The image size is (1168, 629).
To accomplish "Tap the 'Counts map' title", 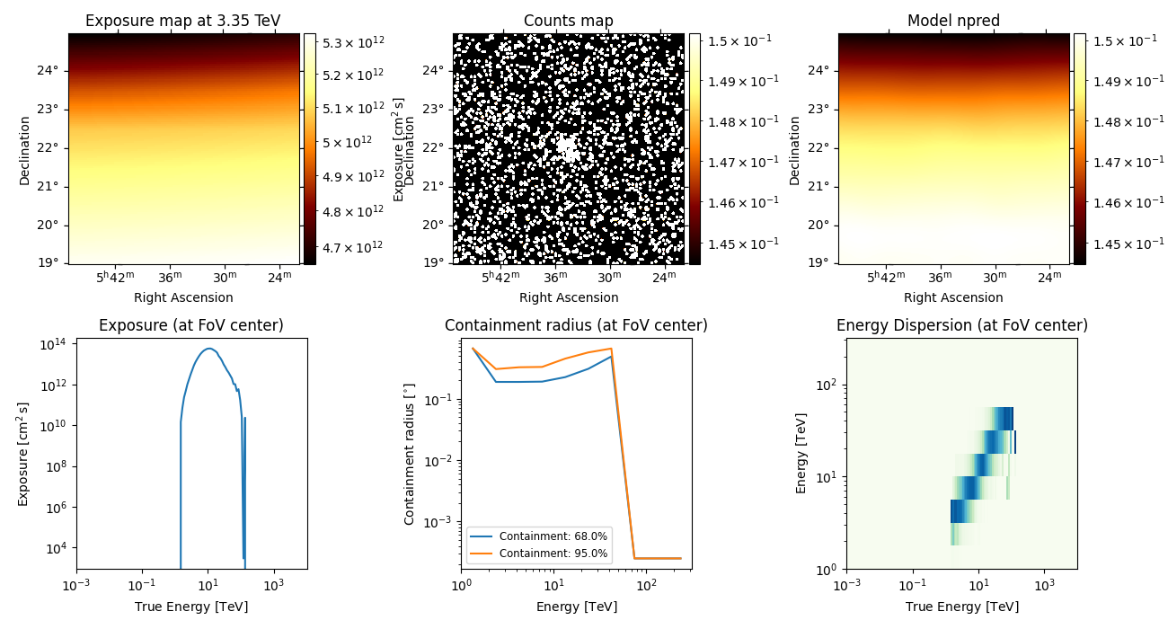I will coord(568,21).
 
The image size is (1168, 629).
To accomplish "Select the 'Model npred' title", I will coord(953,21).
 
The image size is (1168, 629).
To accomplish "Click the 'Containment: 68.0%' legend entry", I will coord(553,536).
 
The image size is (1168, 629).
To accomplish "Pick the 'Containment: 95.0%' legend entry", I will coord(553,554).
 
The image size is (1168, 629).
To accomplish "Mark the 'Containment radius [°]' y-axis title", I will coord(410,454).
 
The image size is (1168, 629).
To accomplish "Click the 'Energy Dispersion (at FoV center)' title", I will coord(961,325).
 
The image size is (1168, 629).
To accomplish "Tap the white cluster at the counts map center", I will coord(567,148).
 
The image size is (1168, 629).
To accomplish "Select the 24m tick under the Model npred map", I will coord(1050,278).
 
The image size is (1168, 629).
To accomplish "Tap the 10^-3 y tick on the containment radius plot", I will coord(440,521).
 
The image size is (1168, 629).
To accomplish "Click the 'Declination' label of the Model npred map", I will coord(794,148).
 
